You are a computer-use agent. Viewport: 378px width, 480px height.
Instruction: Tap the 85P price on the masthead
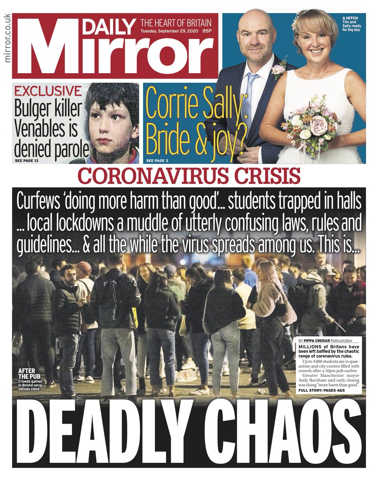click(x=207, y=31)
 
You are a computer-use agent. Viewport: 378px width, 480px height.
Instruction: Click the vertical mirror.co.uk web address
click(x=6, y=38)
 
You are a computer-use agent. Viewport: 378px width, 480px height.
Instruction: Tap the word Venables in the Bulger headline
click(x=45, y=130)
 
